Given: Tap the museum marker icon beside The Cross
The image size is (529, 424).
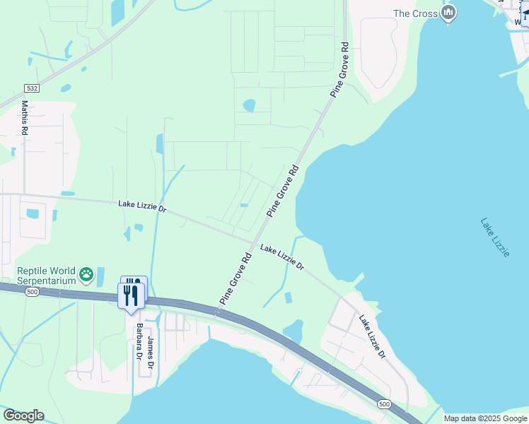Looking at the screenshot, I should [448, 13].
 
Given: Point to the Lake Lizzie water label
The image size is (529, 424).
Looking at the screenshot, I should [494, 237].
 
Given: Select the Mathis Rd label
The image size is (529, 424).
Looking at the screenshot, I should [25, 117].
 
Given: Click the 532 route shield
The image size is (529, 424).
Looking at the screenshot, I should [31, 88].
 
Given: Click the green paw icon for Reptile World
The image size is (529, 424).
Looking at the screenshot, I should [86, 273].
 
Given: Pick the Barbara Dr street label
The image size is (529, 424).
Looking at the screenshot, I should [139, 341].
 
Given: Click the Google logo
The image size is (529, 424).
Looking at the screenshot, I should [23, 416].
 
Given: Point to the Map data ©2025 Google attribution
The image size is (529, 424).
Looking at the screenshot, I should [486, 418].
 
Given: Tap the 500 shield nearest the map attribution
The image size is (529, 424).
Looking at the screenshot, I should [383, 404].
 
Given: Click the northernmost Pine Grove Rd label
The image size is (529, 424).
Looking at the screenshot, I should [340, 69].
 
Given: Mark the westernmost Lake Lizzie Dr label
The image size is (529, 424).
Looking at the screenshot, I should [142, 206].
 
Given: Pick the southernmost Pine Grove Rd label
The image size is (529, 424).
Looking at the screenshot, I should [236, 278].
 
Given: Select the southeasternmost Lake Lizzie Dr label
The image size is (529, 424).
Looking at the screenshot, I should [371, 336].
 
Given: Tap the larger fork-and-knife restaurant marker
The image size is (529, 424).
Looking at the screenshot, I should [131, 295].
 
